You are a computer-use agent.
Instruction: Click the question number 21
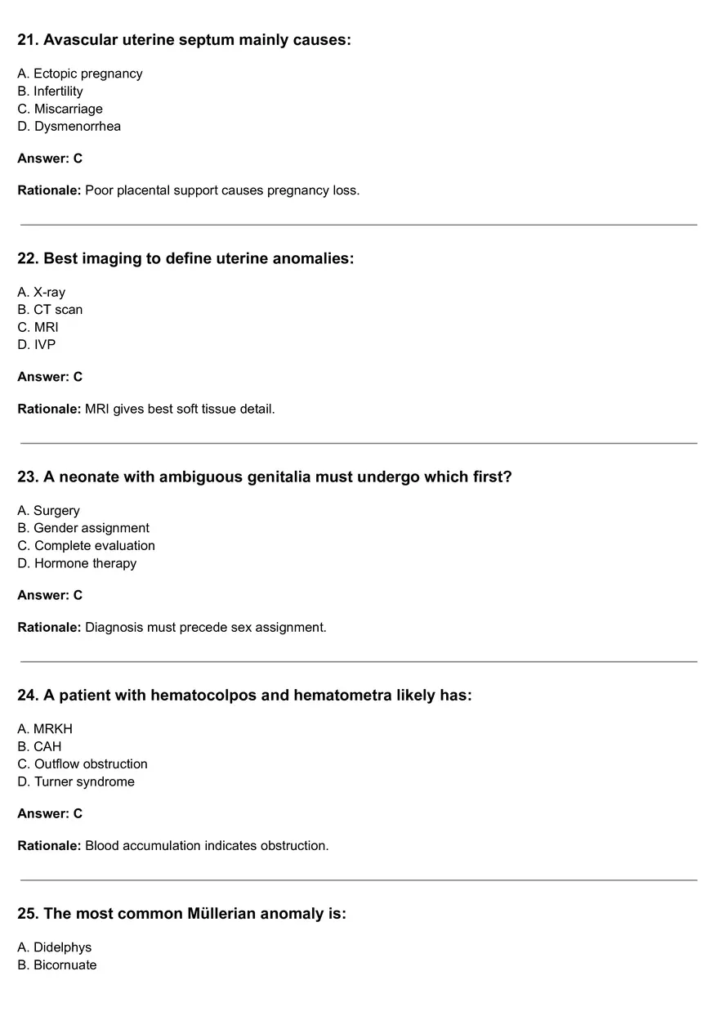(27, 40)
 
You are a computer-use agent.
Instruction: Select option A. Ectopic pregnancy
(79, 74)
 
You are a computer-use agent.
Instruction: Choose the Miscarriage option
(60, 109)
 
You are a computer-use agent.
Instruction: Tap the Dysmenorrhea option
(69, 126)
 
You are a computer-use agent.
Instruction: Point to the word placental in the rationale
(143, 190)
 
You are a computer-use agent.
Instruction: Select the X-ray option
(41, 292)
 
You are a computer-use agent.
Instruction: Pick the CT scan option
(50, 310)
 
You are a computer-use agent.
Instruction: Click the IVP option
(37, 345)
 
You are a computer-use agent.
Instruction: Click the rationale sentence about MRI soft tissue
(180, 409)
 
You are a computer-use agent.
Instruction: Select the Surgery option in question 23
(48, 511)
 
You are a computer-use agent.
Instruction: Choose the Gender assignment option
(83, 528)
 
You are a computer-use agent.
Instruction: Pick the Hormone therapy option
(77, 563)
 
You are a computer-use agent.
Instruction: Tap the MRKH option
(45, 728)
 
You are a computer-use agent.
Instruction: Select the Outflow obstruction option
(83, 763)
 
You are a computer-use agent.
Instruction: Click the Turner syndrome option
(76, 781)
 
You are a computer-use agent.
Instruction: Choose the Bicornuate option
(56, 965)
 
